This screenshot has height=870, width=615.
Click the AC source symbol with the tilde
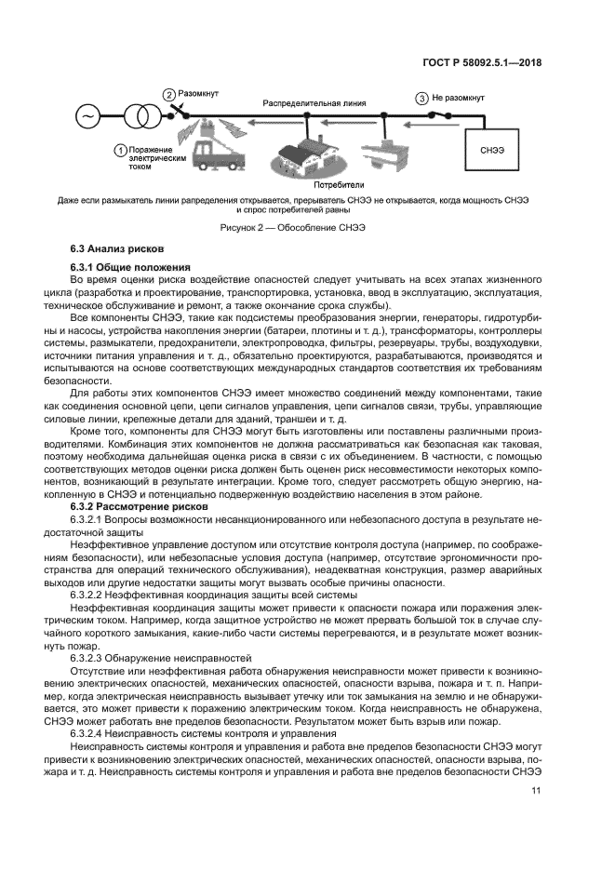click(x=89, y=117)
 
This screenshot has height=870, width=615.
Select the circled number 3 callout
click(x=422, y=98)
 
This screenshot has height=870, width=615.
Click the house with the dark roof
click(x=307, y=149)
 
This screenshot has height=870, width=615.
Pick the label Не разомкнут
click(x=459, y=98)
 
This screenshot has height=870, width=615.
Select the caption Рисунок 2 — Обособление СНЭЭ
click(x=306, y=227)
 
